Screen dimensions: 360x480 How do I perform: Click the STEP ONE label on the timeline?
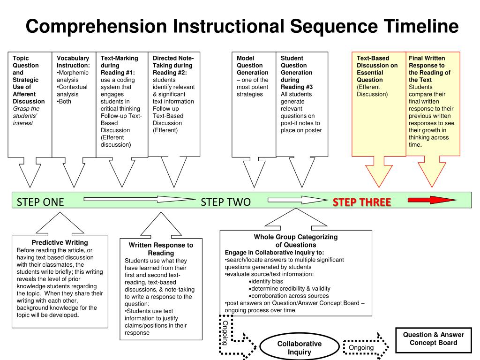click(40, 202)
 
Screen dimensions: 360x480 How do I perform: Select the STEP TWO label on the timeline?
click(225, 202)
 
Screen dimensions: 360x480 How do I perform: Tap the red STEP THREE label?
click(362, 202)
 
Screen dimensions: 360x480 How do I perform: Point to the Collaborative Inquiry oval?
click(299, 348)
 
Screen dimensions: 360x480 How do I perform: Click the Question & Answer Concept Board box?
click(434, 338)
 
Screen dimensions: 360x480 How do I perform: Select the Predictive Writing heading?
click(60, 242)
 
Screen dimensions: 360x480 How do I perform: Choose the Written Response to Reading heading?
click(161, 249)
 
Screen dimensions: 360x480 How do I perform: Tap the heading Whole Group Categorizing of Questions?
click(295, 241)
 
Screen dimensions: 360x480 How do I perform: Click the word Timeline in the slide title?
click(421, 26)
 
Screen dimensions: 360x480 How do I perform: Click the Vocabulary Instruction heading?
click(73, 62)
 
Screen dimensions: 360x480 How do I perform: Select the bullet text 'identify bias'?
click(267, 281)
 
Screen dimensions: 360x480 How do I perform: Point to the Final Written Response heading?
click(429, 65)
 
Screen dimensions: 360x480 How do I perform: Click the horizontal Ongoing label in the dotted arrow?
click(361, 348)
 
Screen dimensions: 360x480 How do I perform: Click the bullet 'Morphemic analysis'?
click(72, 76)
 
